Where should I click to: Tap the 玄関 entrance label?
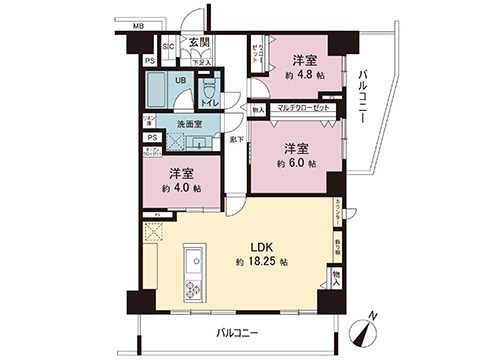pos(198,44)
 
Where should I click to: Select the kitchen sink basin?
pos(192,261)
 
